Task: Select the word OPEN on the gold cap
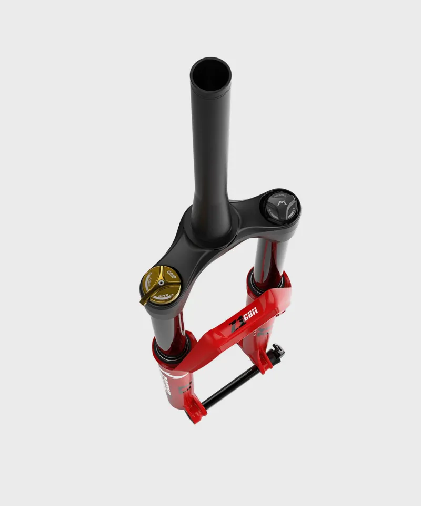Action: tap(164, 298)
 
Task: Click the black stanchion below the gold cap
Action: tap(167, 324)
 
